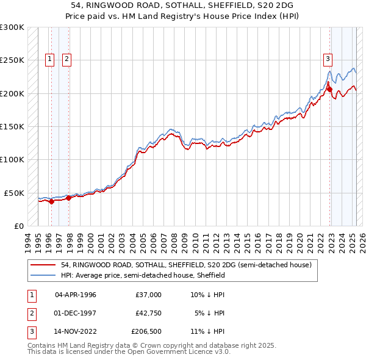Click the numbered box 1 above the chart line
(49, 59)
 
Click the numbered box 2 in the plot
(66, 59)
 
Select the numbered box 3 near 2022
(328, 59)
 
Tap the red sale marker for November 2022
(329, 89)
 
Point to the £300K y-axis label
(13, 27)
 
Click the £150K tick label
(13, 126)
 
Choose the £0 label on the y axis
(18, 226)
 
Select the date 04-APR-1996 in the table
(76, 295)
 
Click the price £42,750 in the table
(148, 313)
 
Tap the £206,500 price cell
(146, 332)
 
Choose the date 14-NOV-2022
(76, 332)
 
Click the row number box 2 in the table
(30, 313)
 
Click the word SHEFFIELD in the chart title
(212, 5)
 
